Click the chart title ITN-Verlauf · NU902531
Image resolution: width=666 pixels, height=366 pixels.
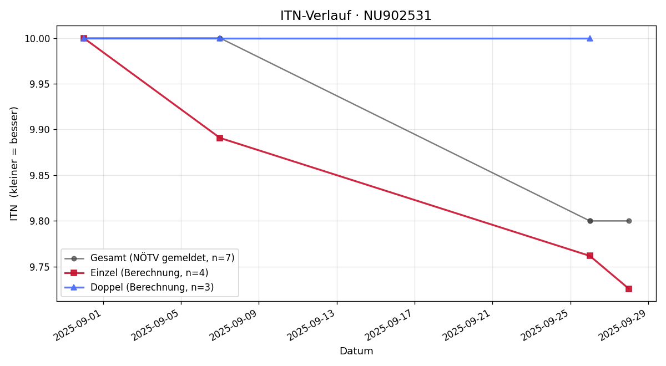click(x=356, y=16)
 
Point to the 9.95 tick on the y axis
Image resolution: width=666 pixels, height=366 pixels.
click(x=41, y=84)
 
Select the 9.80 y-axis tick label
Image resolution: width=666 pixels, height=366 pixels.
click(x=41, y=221)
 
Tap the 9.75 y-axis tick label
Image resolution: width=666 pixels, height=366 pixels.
click(x=41, y=267)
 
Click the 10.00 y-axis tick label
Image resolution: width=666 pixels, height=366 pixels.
click(x=39, y=39)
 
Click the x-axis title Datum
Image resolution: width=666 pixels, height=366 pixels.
click(x=356, y=351)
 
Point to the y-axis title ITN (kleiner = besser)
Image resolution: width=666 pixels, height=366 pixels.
click(x=14, y=164)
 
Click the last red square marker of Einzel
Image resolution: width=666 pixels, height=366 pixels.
click(x=629, y=289)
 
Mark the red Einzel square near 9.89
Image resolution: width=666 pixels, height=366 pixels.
click(x=220, y=138)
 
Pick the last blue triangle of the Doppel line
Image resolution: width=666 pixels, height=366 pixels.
click(x=590, y=38)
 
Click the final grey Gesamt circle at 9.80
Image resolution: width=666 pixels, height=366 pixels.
click(x=629, y=221)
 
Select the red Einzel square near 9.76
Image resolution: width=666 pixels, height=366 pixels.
click(x=590, y=256)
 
